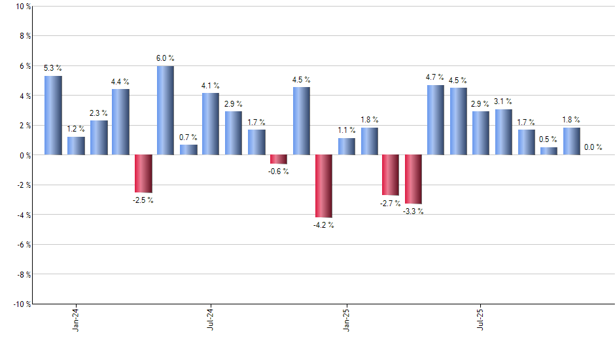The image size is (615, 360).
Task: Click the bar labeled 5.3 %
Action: (53, 115)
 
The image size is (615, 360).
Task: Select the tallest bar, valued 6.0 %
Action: (166, 110)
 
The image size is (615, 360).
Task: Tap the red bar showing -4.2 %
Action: (323, 186)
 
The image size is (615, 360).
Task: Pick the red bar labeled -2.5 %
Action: (143, 173)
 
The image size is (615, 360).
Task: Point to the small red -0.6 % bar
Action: (279, 159)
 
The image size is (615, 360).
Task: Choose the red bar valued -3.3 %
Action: (413, 179)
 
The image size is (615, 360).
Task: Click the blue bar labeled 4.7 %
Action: (436, 120)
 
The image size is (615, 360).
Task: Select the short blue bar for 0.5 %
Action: (548, 151)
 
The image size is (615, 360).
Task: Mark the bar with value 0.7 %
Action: (188, 150)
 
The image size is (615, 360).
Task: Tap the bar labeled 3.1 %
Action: (503, 132)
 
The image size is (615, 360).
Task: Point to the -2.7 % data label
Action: (391, 204)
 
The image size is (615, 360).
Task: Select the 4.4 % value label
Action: (120, 82)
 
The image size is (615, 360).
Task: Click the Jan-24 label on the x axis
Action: (76, 318)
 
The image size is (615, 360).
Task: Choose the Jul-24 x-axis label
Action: (211, 318)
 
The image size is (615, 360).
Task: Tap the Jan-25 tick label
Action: (345, 318)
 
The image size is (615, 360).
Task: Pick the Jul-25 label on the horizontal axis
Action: (481, 318)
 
